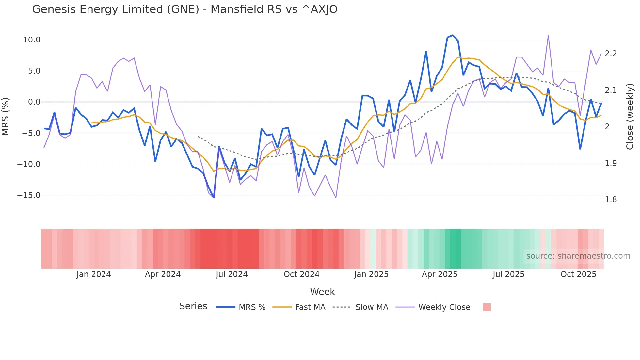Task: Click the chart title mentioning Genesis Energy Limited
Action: (184, 9)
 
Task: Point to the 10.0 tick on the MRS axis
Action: (32, 40)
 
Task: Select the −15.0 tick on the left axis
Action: (29, 195)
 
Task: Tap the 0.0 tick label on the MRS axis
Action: (34, 102)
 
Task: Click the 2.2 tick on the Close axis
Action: (611, 54)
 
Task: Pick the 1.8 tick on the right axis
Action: (611, 200)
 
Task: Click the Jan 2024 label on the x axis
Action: (94, 274)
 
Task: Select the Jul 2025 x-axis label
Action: (508, 274)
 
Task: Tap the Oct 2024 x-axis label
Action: (301, 274)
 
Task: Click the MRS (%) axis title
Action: (6, 116)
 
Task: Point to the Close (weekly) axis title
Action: (630, 116)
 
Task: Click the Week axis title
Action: (322, 292)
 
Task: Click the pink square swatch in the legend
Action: (487, 307)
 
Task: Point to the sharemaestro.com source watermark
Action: (578, 256)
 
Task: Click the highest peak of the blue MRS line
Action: (453, 35)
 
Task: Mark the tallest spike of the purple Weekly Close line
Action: (548, 36)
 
